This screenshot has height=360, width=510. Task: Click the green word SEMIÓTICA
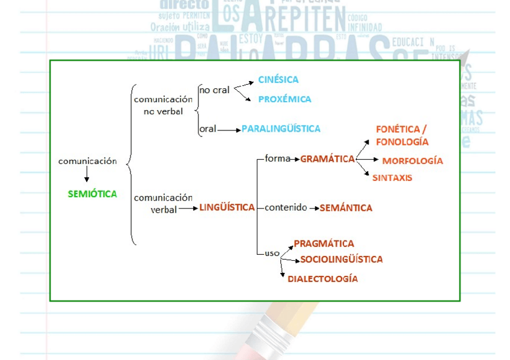pos(93,194)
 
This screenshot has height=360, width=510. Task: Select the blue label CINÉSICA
pos(278,79)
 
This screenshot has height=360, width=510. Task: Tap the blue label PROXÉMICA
pos(284,99)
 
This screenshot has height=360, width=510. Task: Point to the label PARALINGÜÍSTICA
pos(281,129)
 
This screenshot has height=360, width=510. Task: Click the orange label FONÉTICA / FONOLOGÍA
pos(402,136)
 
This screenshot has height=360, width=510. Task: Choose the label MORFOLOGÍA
pos(413,161)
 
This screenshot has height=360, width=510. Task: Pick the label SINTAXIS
pos(392,178)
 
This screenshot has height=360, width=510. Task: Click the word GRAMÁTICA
pos(328,159)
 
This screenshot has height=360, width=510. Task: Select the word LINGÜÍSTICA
pos(227,207)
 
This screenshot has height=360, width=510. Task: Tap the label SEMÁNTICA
pos(346,208)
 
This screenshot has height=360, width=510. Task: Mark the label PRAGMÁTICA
pos(324,243)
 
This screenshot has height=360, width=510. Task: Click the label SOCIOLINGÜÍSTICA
pos(341,259)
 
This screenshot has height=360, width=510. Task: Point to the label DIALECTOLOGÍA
pos(322,279)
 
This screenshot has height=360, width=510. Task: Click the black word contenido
pos(286,207)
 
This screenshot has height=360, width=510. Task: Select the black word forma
pos(277,159)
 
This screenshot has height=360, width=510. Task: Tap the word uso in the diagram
pos(272,253)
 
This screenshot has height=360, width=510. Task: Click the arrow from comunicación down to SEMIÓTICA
pos(87,174)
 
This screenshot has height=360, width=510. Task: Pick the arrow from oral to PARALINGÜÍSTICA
pos(229,129)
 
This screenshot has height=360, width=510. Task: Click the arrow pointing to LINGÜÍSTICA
pos(189,209)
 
